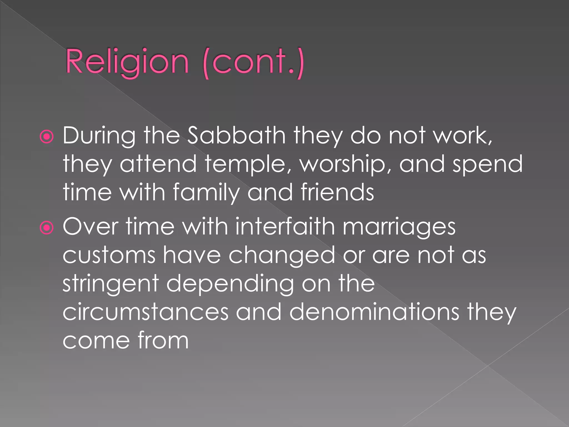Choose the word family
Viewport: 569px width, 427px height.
tap(206, 193)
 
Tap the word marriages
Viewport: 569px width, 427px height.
tap(399, 227)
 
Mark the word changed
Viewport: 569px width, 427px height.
tap(282, 256)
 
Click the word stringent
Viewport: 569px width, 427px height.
tap(111, 284)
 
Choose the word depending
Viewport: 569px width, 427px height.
tap(230, 284)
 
